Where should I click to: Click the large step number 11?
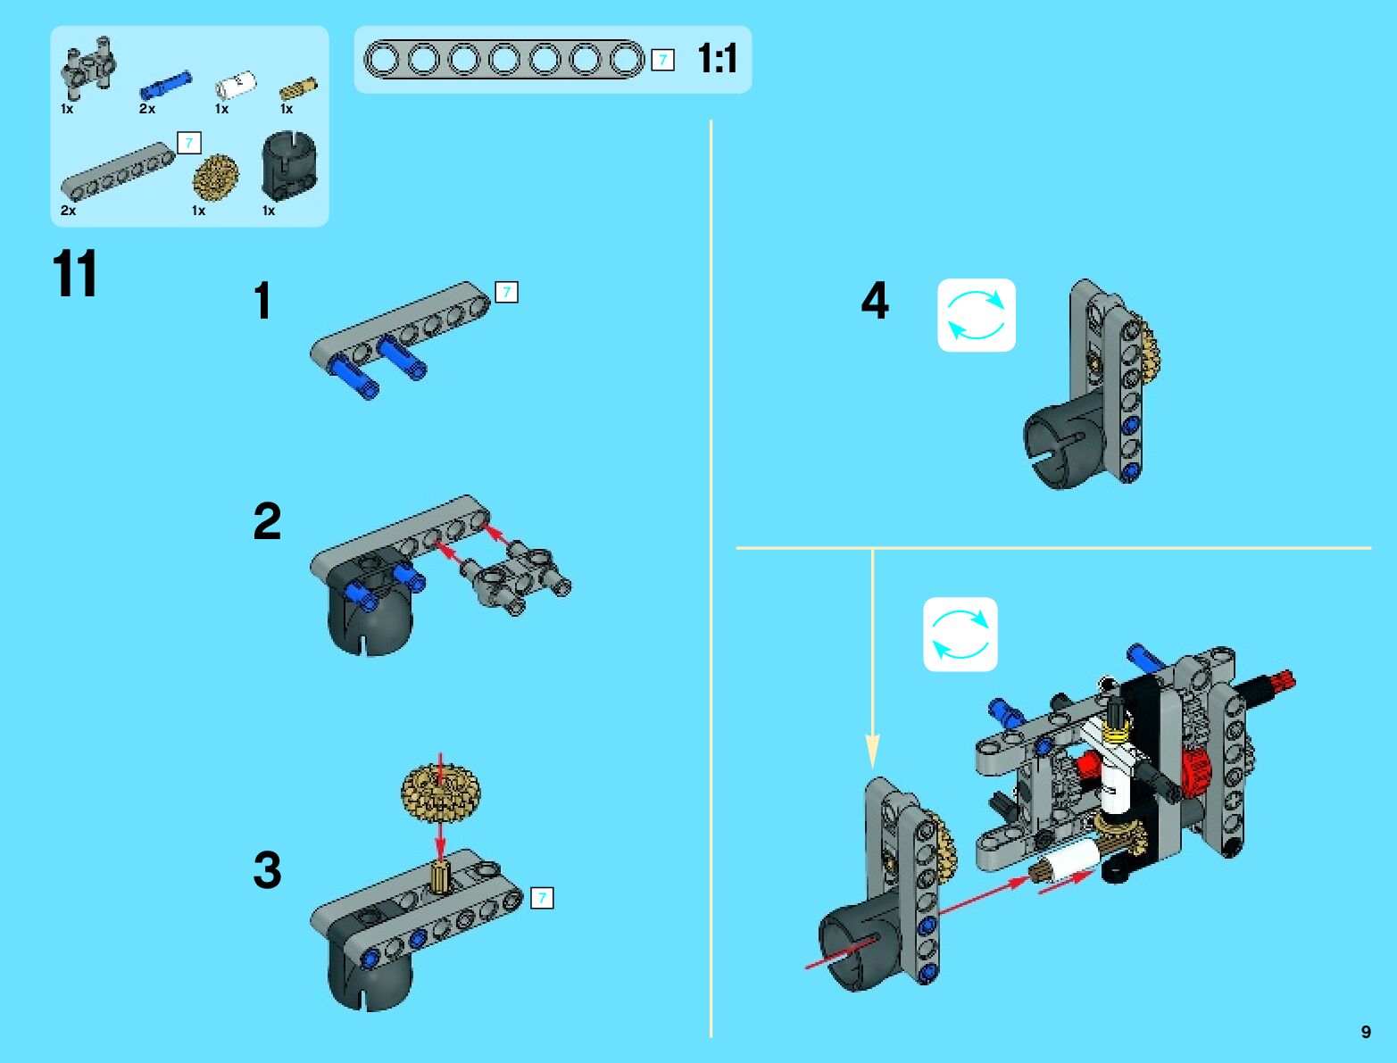tap(75, 273)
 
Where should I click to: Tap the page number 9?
tap(1366, 1032)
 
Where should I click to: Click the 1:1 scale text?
tap(718, 59)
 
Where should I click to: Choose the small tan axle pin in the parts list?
tap(298, 88)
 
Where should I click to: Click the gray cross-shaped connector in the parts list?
tap(88, 68)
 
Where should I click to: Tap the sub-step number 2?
tap(267, 520)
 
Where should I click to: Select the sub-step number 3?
tap(267, 870)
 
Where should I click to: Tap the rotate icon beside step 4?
tap(977, 315)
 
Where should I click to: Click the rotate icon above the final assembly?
tap(960, 635)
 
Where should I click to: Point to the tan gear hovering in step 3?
tap(440, 793)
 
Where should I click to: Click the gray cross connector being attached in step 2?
tap(516, 577)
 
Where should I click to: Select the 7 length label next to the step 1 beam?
tap(507, 292)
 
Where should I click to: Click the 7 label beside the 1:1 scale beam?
tap(662, 60)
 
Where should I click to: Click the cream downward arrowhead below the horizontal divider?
tap(873, 752)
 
